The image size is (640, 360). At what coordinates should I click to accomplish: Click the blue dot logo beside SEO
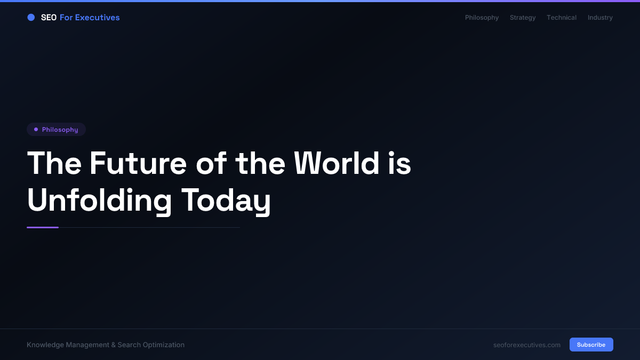point(31,18)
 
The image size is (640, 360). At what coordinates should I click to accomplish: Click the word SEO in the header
point(49,18)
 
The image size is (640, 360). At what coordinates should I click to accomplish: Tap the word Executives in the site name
point(97,18)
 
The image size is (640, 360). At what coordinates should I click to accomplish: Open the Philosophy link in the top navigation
point(482,18)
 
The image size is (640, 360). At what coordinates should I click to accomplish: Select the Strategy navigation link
point(523,18)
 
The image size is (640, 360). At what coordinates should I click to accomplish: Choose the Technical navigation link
point(561,18)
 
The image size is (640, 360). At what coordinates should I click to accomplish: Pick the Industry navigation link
point(600,18)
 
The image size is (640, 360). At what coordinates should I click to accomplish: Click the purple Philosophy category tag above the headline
point(57,130)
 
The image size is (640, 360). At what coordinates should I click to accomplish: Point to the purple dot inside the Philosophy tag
point(36,130)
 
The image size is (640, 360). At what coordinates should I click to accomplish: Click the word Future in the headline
point(138,163)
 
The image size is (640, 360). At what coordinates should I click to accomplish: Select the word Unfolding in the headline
point(99,201)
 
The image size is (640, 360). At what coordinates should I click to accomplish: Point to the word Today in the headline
point(226,201)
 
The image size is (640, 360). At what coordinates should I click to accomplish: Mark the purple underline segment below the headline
point(43,227)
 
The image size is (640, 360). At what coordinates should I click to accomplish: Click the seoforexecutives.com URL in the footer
point(527,345)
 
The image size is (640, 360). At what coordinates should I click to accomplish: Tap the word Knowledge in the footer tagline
point(45,345)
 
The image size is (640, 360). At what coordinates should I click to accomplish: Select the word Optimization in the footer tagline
point(164,345)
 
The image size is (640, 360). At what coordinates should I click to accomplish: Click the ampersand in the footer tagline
point(113,345)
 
